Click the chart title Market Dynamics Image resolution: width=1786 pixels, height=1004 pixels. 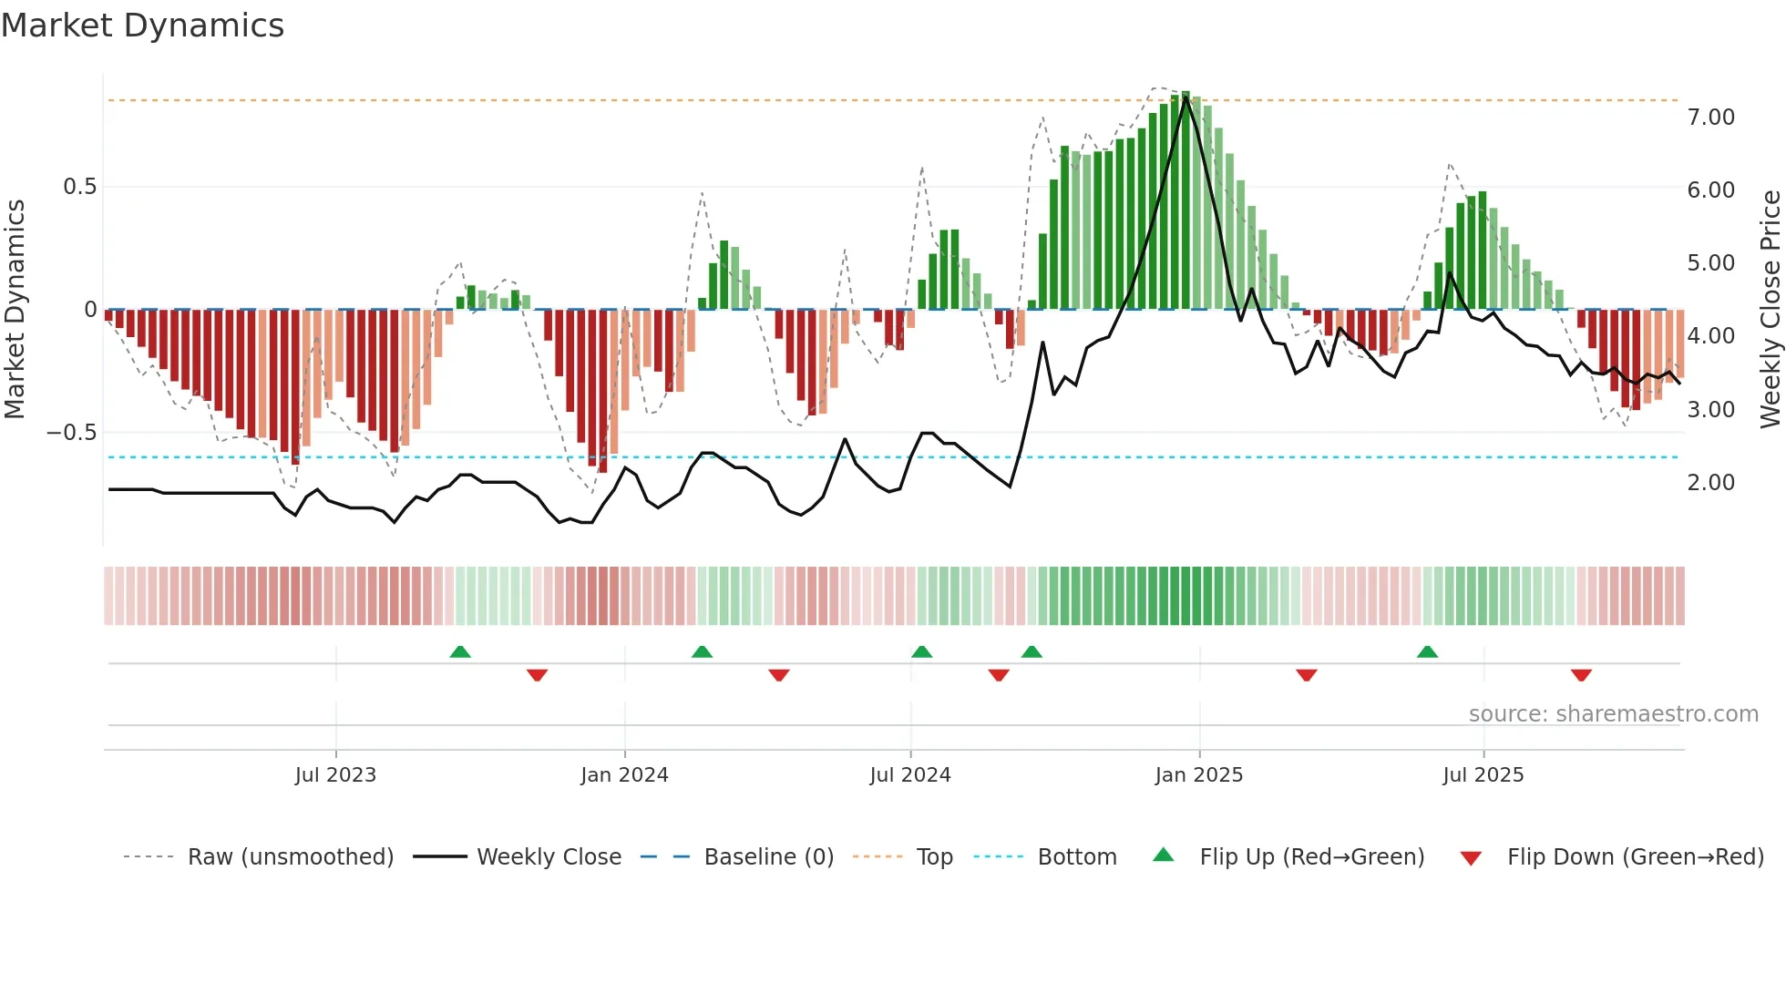tap(143, 26)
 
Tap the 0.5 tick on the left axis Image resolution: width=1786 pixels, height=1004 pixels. tap(79, 187)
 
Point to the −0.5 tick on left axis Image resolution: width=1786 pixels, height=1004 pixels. tap(72, 433)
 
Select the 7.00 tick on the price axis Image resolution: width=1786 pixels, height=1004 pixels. tap(1710, 118)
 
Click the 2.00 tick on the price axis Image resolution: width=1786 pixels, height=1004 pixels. tap(1710, 483)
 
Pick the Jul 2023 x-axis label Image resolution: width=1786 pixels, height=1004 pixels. tap(335, 775)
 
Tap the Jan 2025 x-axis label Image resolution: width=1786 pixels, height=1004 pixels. tap(1198, 775)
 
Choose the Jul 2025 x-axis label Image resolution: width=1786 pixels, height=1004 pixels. tap(1483, 775)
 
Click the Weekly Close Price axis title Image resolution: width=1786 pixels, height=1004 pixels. tap(1770, 310)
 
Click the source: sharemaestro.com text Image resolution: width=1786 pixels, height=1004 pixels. tap(1613, 714)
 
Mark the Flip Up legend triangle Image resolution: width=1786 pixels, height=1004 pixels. tap(1164, 855)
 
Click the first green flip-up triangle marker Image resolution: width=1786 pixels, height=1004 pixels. tap(460, 652)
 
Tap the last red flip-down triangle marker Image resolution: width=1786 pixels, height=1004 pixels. tap(1581, 675)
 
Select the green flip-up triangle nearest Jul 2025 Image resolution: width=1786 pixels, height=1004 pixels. tap(1427, 652)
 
